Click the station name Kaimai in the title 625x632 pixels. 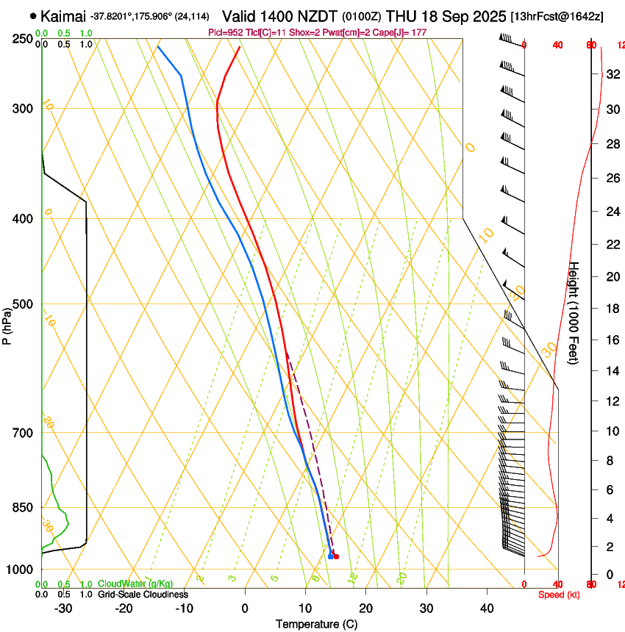tap(63, 15)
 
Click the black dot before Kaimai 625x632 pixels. tap(33, 15)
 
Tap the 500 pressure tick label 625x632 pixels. tap(23, 304)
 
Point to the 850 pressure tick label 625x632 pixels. tap(23, 507)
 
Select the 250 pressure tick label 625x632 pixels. tap(23, 38)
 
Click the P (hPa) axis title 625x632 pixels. tap(7, 323)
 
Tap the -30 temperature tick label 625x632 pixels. tap(63, 608)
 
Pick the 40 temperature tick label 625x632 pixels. tap(487, 608)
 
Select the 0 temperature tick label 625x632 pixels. tap(245, 608)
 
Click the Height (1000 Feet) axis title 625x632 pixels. tap(575, 312)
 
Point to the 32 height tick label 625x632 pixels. tap(610, 74)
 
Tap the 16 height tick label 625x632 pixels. tap(610, 340)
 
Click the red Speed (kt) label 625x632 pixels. tap(559, 595)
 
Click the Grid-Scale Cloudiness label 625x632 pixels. tap(144, 595)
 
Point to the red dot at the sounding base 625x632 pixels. tap(336, 556)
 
